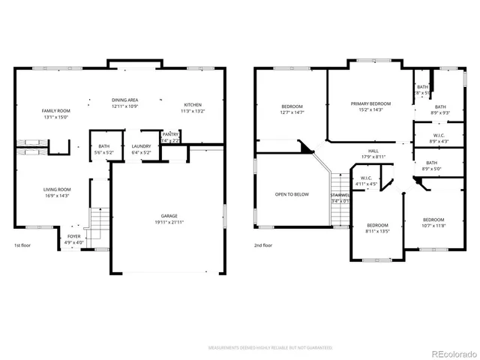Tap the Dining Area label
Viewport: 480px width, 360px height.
click(x=124, y=100)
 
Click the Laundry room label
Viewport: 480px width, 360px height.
click(x=141, y=146)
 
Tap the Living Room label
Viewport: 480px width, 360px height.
click(x=56, y=189)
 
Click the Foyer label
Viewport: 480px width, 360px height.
click(x=73, y=236)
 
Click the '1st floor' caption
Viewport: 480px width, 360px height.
click(x=23, y=245)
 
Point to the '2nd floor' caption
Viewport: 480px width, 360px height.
click(x=263, y=245)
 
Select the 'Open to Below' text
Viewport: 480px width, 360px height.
click(x=292, y=194)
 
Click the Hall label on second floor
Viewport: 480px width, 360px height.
click(x=373, y=151)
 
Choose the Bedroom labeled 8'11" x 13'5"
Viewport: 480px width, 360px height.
click(x=377, y=225)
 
